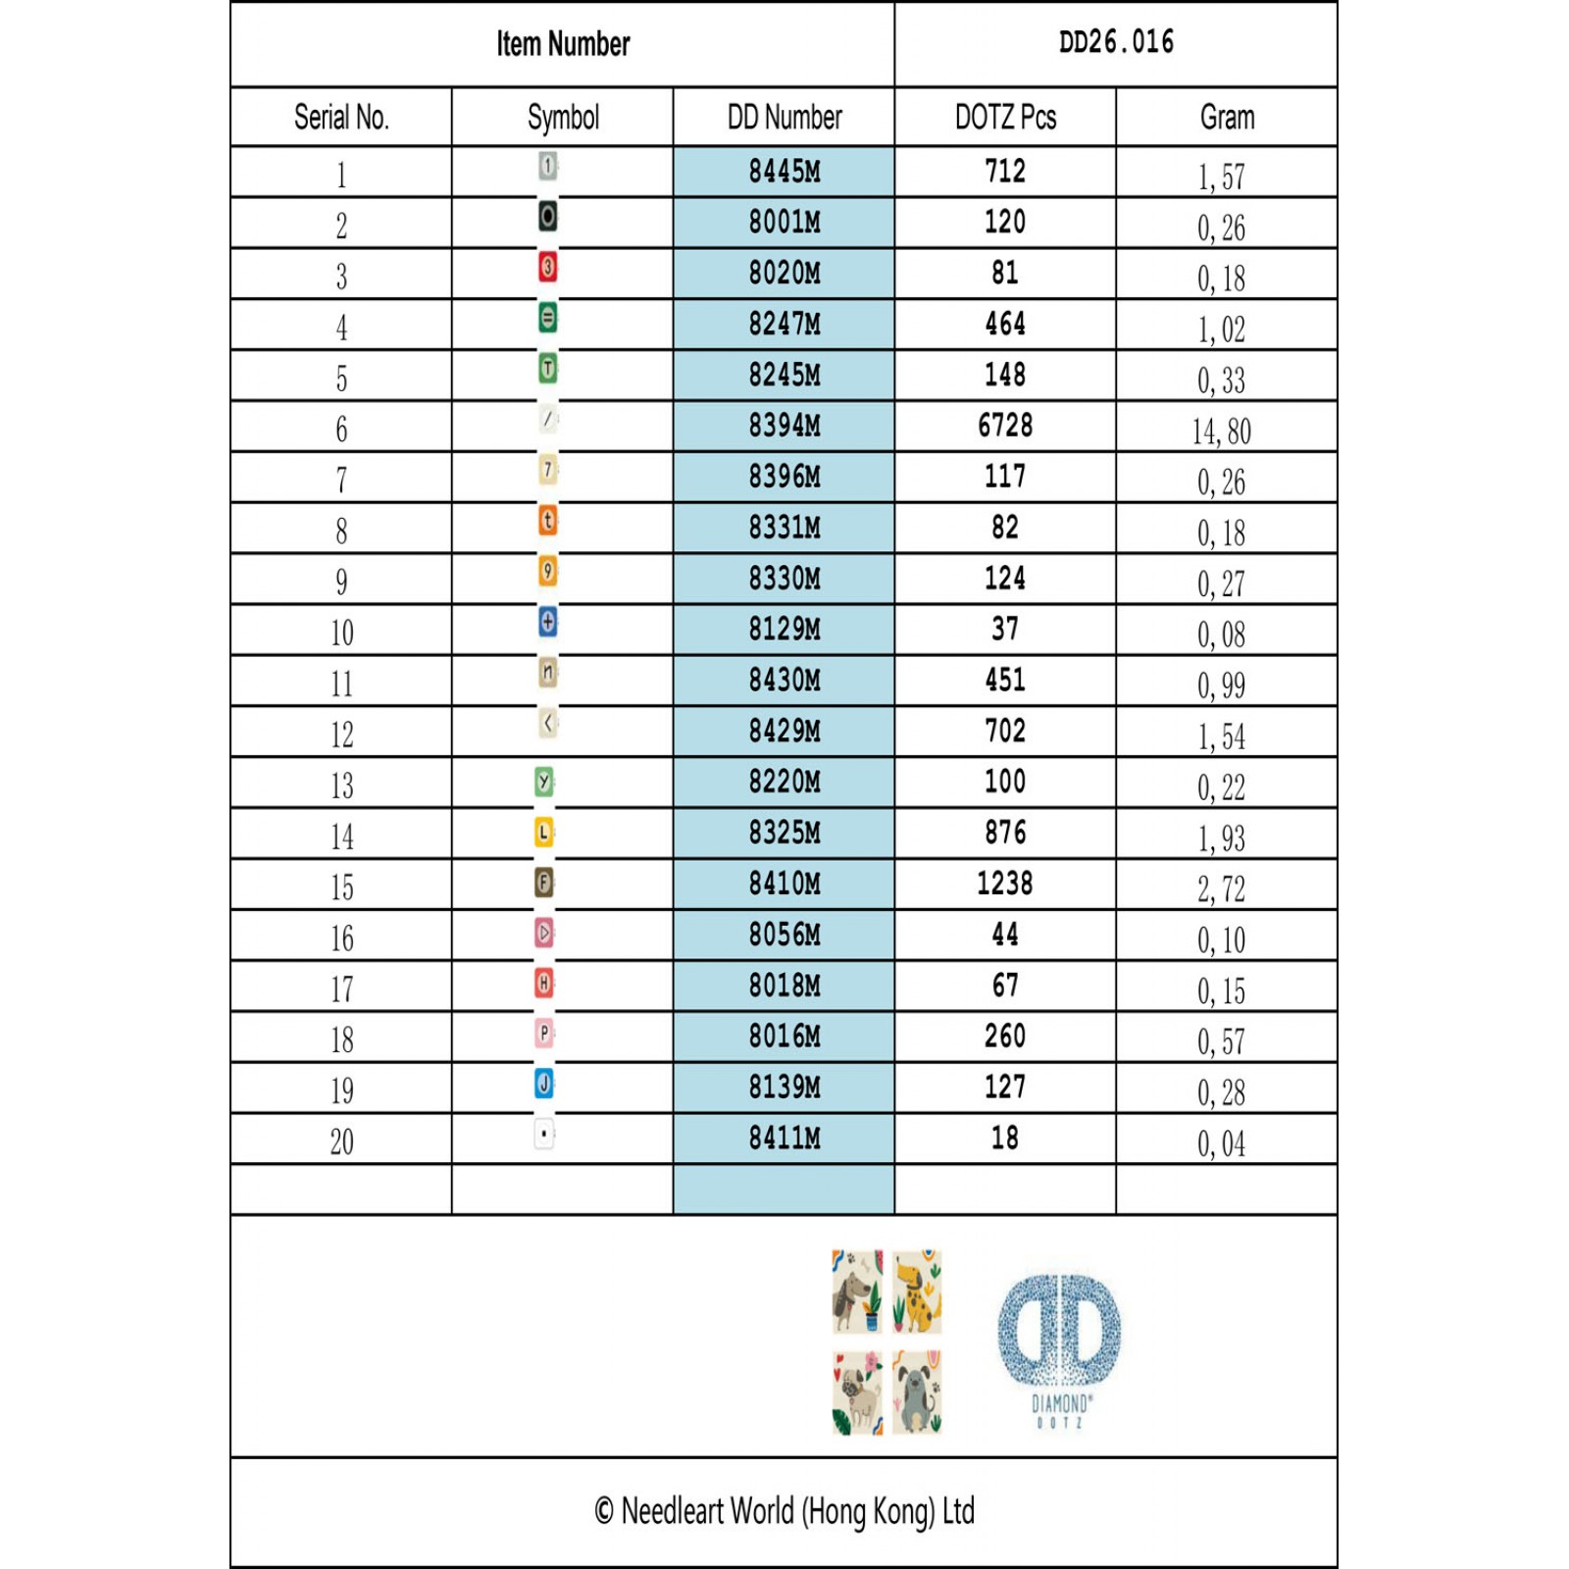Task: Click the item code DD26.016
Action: click(1116, 42)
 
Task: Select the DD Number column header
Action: click(784, 118)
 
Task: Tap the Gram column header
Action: click(1227, 118)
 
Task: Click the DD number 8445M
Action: click(784, 172)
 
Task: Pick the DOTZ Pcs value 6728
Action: click(1005, 426)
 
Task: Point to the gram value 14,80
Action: click(1222, 431)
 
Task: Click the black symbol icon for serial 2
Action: click(548, 216)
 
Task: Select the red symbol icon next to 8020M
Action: click(548, 267)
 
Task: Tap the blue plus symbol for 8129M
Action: click(548, 622)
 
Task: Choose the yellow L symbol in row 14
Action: click(544, 833)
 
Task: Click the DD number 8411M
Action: click(784, 1139)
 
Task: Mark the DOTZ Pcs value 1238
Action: click(1005, 884)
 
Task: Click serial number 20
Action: click(341, 1141)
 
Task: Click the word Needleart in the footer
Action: click(673, 1511)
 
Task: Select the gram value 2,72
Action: click(1222, 889)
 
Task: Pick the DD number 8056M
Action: click(784, 935)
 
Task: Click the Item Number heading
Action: click(563, 44)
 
